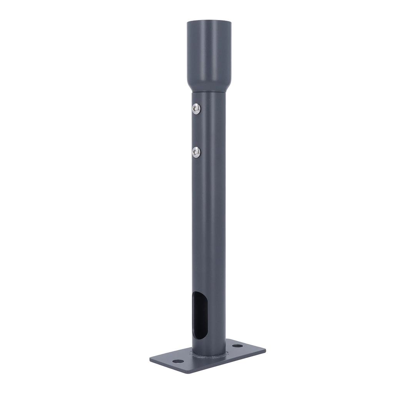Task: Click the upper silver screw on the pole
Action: (x=196, y=109)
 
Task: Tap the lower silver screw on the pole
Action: (x=196, y=152)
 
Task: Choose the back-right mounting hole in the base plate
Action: (x=238, y=346)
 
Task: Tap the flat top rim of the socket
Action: (x=209, y=22)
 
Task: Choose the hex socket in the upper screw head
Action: (x=196, y=109)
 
